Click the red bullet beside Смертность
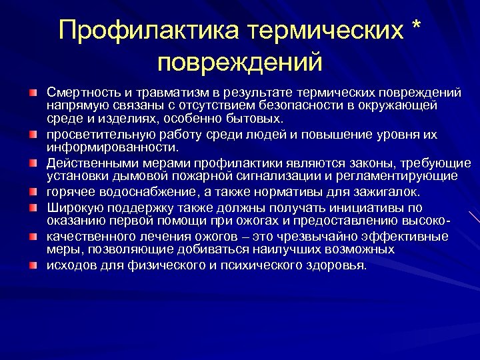click(x=33, y=91)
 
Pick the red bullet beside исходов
click(x=33, y=264)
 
